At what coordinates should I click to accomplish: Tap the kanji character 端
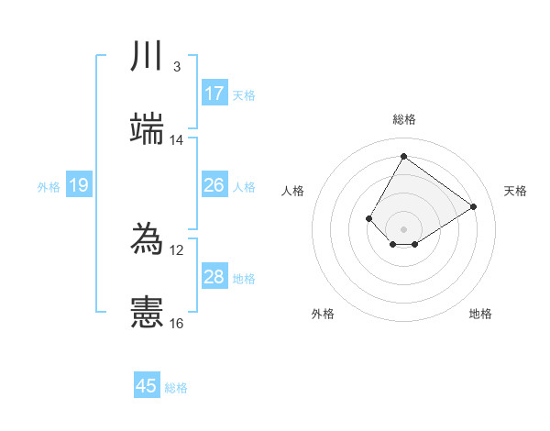(148, 129)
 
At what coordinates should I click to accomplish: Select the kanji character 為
(148, 238)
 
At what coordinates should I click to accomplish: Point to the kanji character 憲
(148, 312)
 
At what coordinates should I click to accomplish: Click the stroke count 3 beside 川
(176, 67)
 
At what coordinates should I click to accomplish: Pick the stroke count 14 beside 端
(176, 140)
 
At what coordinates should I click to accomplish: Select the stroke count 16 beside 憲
(176, 323)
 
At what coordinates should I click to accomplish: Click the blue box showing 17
(214, 94)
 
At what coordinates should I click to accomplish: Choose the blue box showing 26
(214, 185)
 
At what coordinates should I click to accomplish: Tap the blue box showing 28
(214, 277)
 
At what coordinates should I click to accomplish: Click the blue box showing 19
(79, 186)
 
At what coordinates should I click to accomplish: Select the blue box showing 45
(147, 386)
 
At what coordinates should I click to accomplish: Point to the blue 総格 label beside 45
(176, 388)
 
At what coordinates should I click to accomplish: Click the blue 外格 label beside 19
(49, 187)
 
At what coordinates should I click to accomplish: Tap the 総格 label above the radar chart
(403, 119)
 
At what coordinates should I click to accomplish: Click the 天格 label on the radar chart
(515, 191)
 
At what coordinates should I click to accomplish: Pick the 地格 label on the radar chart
(480, 314)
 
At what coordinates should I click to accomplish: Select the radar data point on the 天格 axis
(473, 206)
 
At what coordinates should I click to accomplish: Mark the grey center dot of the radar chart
(403, 228)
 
